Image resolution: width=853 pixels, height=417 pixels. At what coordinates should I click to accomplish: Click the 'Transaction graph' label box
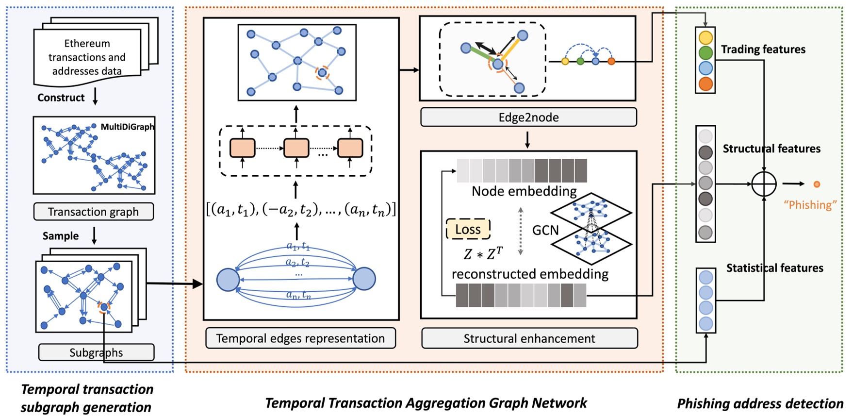click(x=93, y=212)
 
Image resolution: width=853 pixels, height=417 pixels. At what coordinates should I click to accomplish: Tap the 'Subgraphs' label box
click(x=96, y=352)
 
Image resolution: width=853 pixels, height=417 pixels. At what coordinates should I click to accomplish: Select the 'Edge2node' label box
click(x=528, y=117)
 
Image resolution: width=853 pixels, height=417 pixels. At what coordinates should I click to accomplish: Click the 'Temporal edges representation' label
click(x=300, y=338)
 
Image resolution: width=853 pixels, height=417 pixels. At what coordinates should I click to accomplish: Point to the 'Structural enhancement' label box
click(x=529, y=338)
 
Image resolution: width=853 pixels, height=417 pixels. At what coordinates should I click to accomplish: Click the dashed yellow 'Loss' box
click(x=468, y=229)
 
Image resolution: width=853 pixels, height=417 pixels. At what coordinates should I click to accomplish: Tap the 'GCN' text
click(x=545, y=230)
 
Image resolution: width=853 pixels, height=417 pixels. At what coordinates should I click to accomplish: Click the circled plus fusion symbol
click(x=764, y=184)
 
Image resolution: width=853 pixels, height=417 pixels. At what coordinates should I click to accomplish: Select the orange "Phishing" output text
click(x=810, y=205)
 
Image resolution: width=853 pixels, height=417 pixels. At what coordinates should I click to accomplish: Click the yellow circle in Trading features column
click(x=705, y=37)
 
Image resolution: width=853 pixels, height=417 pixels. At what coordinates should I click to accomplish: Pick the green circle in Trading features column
click(x=705, y=52)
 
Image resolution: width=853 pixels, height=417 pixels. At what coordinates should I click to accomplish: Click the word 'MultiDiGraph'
click(x=127, y=127)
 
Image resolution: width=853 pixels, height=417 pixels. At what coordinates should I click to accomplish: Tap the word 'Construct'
click(x=61, y=98)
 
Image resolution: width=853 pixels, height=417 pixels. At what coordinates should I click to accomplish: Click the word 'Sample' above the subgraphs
click(x=61, y=236)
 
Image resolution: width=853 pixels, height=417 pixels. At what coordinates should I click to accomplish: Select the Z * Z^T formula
click(x=483, y=253)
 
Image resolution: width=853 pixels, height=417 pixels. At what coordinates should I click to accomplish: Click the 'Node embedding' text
click(x=524, y=191)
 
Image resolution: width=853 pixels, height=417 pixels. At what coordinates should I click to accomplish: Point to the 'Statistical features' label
click(x=774, y=268)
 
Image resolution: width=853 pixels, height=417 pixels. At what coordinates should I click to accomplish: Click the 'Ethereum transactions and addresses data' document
click(x=87, y=57)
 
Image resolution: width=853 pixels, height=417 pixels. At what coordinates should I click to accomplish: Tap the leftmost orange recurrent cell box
click(x=242, y=148)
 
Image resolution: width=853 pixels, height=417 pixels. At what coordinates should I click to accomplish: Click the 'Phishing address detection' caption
click(x=760, y=403)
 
